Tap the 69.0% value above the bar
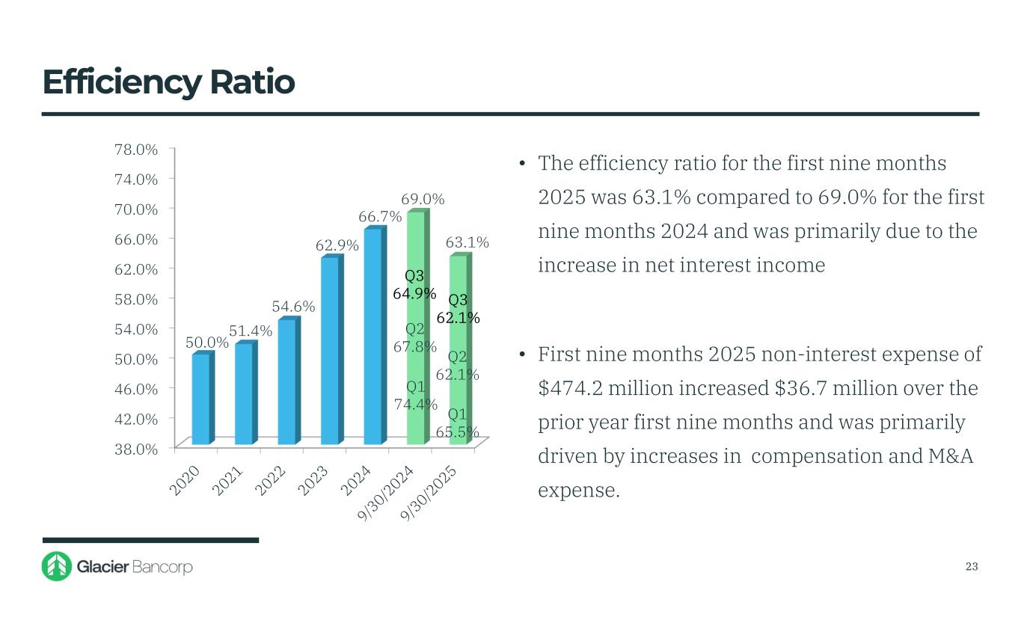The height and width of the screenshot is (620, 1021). tap(423, 199)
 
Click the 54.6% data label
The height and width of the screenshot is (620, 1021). tap(293, 307)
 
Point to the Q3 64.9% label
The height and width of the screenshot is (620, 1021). tap(415, 285)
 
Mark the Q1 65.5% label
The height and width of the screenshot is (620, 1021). tap(458, 423)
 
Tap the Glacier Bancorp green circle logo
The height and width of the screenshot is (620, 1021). tap(57, 566)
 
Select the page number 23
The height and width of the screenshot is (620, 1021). tap(972, 566)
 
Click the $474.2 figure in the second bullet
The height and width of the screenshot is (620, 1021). tap(571, 388)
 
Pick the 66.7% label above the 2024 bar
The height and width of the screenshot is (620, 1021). tap(380, 217)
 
